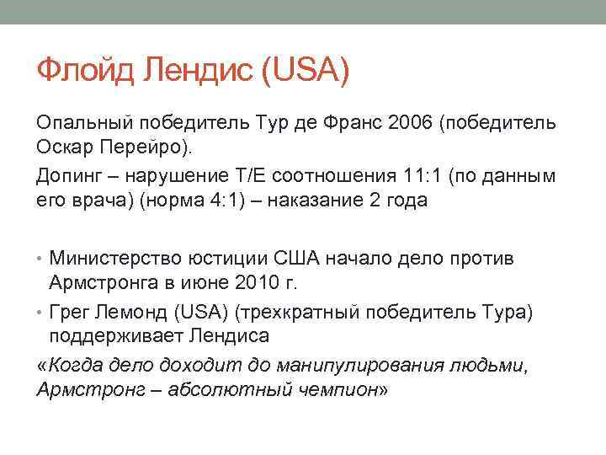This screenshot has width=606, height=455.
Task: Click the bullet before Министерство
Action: pos(40,256)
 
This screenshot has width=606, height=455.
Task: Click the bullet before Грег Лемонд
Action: pos(40,313)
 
